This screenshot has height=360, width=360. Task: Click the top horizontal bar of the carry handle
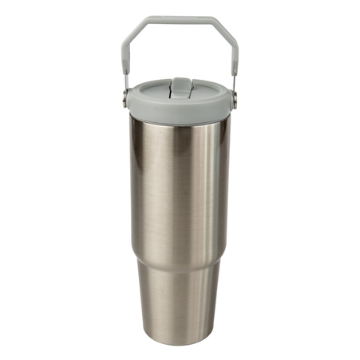[179, 18]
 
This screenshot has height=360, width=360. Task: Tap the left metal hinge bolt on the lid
[125, 98]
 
